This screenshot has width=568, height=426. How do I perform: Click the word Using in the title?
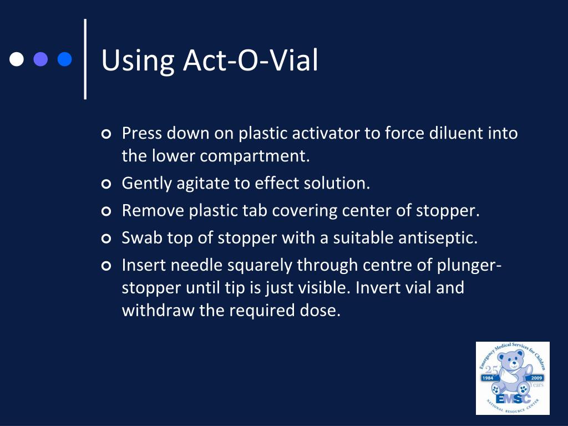click(138, 61)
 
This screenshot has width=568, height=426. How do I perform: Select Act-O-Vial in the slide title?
click(251, 60)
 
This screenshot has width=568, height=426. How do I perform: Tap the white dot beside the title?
click(17, 59)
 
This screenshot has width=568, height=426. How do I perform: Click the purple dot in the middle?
click(41, 59)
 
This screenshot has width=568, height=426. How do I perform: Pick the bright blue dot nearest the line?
click(65, 59)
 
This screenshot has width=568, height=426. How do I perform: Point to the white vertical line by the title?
click(85, 59)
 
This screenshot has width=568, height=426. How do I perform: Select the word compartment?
click(254, 156)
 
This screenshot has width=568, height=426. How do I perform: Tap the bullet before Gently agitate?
click(106, 184)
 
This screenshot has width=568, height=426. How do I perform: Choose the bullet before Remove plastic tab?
click(106, 211)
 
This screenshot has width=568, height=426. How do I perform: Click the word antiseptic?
click(438, 239)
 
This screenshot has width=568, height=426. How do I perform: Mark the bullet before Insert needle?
click(106, 266)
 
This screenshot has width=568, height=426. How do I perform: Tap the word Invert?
click(381, 288)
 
